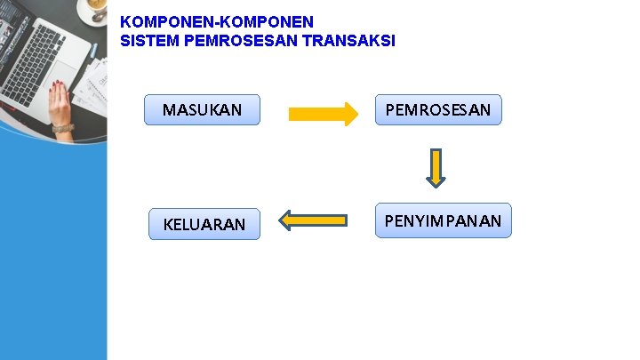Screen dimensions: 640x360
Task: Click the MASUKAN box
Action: click(202, 110)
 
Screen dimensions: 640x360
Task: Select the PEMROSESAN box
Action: click(438, 110)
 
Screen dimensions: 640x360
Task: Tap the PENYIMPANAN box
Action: click(443, 220)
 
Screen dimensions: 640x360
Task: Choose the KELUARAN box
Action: click(204, 224)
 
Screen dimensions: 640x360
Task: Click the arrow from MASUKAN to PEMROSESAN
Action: click(322, 113)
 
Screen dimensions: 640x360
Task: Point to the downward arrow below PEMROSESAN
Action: click(435, 167)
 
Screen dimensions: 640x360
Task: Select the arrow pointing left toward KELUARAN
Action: click(313, 220)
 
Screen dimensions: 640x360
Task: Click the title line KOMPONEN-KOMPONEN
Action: click(216, 20)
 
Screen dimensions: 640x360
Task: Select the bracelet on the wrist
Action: click(61, 128)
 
